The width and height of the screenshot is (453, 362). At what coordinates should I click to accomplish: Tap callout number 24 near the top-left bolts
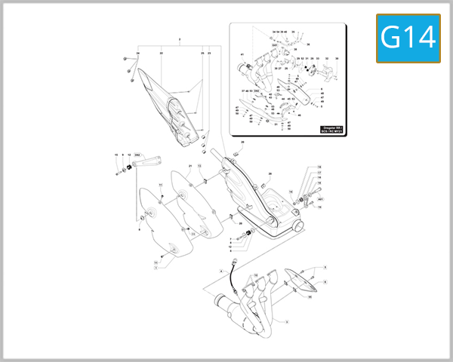[x=138, y=54]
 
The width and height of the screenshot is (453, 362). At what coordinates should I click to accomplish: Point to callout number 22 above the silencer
[x=161, y=54]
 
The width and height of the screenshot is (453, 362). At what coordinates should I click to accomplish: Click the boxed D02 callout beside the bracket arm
[x=138, y=154]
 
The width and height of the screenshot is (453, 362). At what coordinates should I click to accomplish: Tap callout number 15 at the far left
[x=116, y=155]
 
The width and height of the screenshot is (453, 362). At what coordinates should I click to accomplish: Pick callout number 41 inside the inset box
[x=242, y=55]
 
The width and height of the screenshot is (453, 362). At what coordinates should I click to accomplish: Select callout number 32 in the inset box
[x=273, y=106]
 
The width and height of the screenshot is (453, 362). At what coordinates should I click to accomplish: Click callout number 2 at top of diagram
[x=180, y=38]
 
